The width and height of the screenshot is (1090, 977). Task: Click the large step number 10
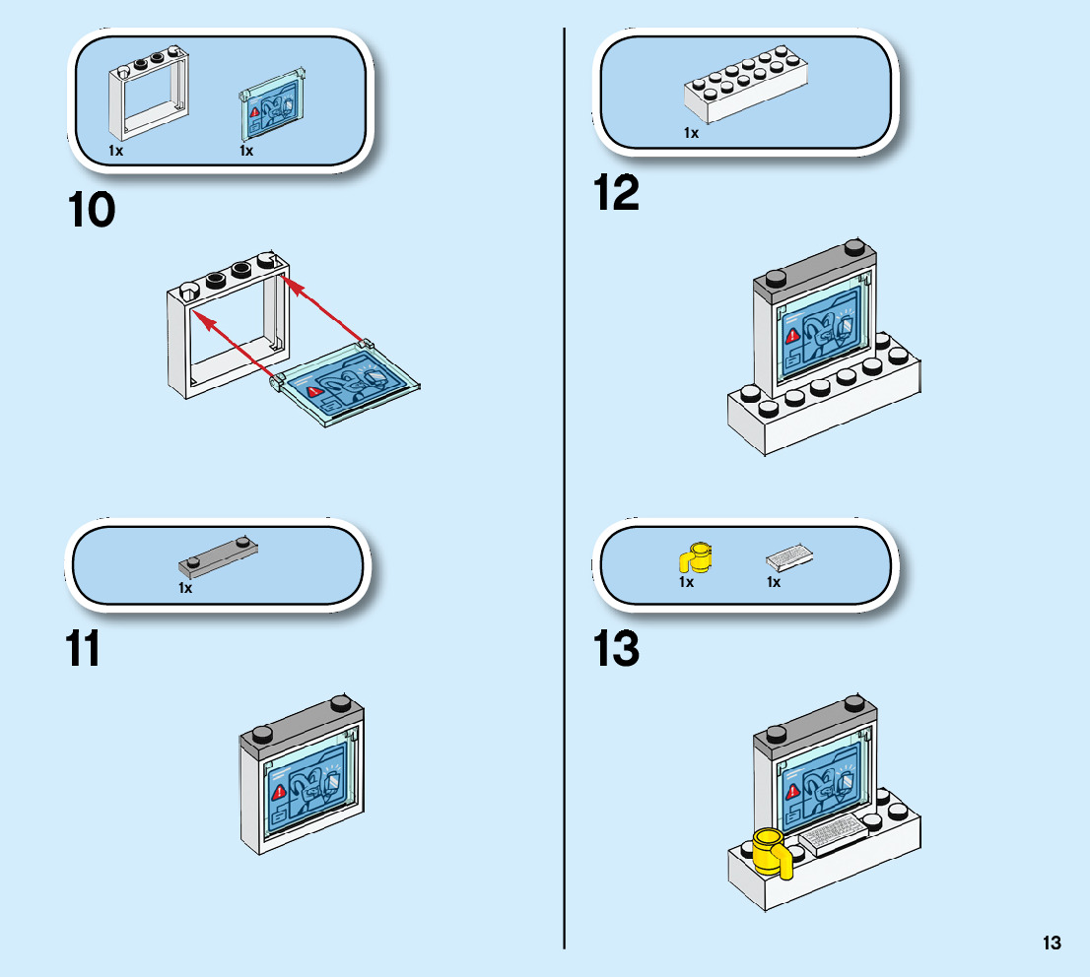(92, 211)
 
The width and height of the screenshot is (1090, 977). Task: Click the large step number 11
(83, 649)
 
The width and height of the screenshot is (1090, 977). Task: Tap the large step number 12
(616, 193)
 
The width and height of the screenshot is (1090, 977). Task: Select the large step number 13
(616, 649)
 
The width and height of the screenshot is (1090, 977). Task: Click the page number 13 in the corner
(1052, 944)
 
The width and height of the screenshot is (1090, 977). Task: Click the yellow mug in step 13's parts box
(697, 557)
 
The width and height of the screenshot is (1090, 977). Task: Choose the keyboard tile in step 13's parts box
(789, 558)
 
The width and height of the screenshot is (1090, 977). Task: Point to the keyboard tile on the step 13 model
(834, 833)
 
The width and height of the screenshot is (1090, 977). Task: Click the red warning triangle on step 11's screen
(279, 791)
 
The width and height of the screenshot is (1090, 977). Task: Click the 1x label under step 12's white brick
(691, 133)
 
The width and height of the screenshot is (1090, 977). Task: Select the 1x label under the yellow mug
(686, 582)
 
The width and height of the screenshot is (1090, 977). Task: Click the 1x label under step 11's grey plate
(185, 588)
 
